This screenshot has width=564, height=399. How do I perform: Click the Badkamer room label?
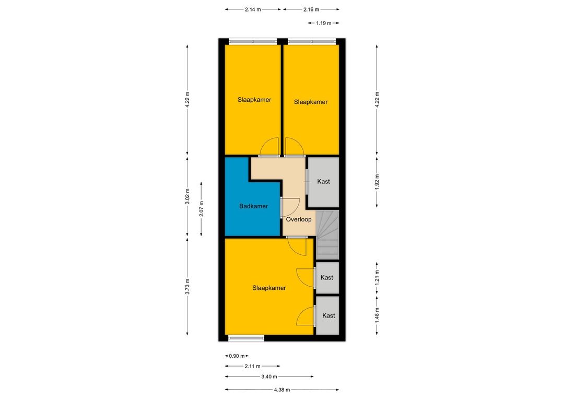click(254, 206)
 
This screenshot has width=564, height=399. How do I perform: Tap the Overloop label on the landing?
click(299, 219)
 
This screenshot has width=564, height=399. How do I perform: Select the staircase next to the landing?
click(327, 234)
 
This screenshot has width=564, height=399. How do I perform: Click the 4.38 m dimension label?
click(282, 390)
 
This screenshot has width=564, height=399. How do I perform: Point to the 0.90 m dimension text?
click(237, 356)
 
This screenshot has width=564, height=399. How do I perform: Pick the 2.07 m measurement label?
click(202, 209)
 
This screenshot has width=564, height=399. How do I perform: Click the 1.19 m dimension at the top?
click(323, 23)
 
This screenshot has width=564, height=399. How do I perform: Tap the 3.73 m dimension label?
click(187, 286)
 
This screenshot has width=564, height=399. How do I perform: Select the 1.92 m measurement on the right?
click(377, 182)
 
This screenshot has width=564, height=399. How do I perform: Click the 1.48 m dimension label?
click(377, 315)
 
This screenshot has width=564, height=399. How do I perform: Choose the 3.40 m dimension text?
click(269, 377)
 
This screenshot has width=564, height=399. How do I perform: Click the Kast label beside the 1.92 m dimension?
click(323, 182)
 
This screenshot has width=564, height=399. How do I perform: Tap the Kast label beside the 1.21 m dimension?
click(326, 277)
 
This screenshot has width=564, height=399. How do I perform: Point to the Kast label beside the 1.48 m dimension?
click(328, 315)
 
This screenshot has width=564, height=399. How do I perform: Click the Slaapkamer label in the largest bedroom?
click(269, 288)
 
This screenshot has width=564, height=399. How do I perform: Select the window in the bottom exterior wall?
click(246, 338)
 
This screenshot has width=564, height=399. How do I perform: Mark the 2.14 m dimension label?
click(253, 10)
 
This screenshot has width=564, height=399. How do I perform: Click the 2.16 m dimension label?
click(311, 10)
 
